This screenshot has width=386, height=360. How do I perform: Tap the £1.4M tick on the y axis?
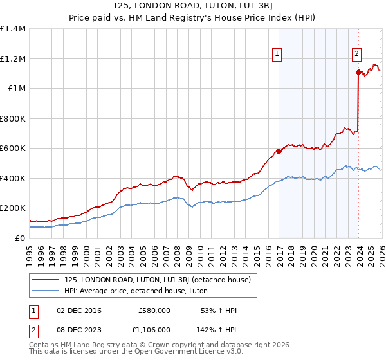(13, 29)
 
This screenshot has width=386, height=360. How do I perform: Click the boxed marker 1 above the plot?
(277, 55)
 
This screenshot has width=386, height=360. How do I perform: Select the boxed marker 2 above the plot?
(356, 55)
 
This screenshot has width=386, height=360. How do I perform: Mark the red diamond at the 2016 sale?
(279, 152)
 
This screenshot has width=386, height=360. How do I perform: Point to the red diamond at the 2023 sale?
(359, 73)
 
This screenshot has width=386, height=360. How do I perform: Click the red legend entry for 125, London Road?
(161, 279)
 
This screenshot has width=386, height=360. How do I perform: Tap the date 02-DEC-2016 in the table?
(79, 310)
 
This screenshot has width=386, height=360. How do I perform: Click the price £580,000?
(154, 310)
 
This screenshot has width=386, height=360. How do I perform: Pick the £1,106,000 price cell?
(151, 329)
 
